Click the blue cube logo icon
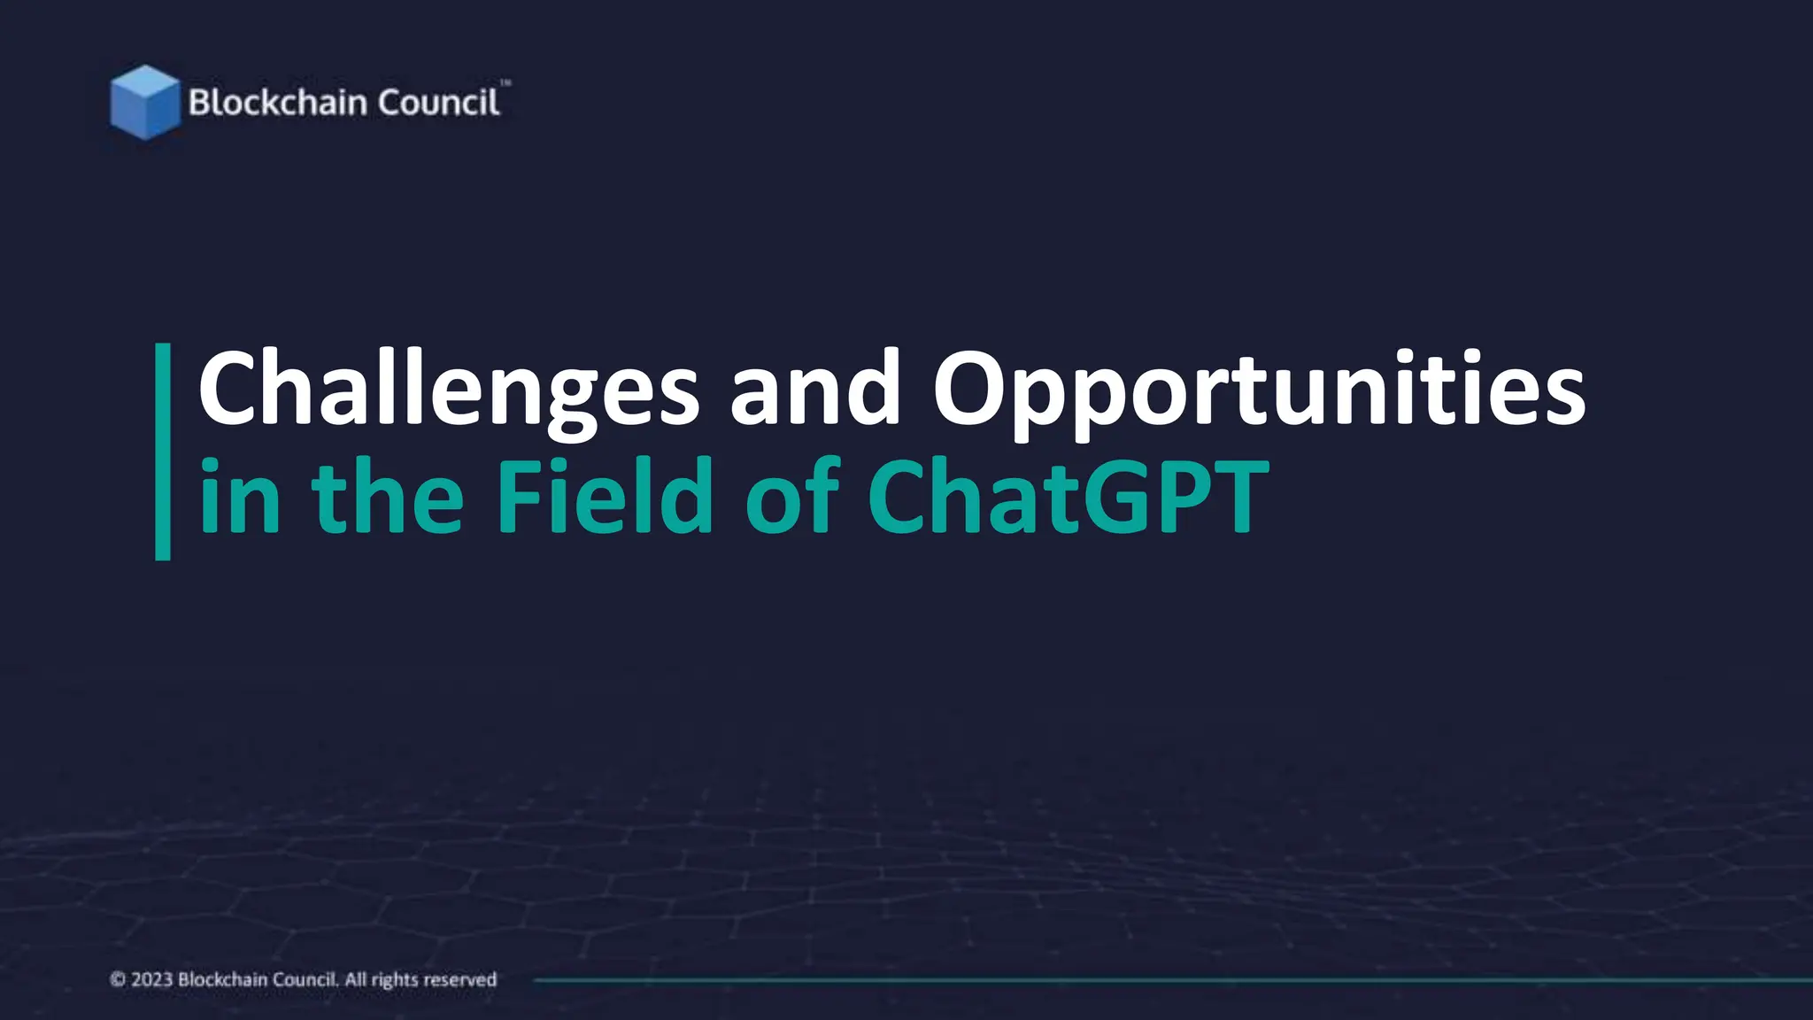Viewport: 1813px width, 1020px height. pos(144,102)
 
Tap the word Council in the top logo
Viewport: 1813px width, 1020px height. pos(438,103)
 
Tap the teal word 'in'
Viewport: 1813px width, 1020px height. pos(240,498)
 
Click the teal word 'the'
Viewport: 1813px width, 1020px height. pos(387,498)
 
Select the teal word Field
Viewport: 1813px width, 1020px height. pos(605,498)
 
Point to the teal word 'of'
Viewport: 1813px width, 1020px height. pos(791,498)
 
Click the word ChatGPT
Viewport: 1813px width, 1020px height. pos(1068,498)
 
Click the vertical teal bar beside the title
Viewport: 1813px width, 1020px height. pos(163,452)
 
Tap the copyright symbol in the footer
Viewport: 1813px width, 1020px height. pos(118,979)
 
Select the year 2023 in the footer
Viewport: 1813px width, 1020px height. pos(151,979)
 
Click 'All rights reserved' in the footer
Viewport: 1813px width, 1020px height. pos(420,979)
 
